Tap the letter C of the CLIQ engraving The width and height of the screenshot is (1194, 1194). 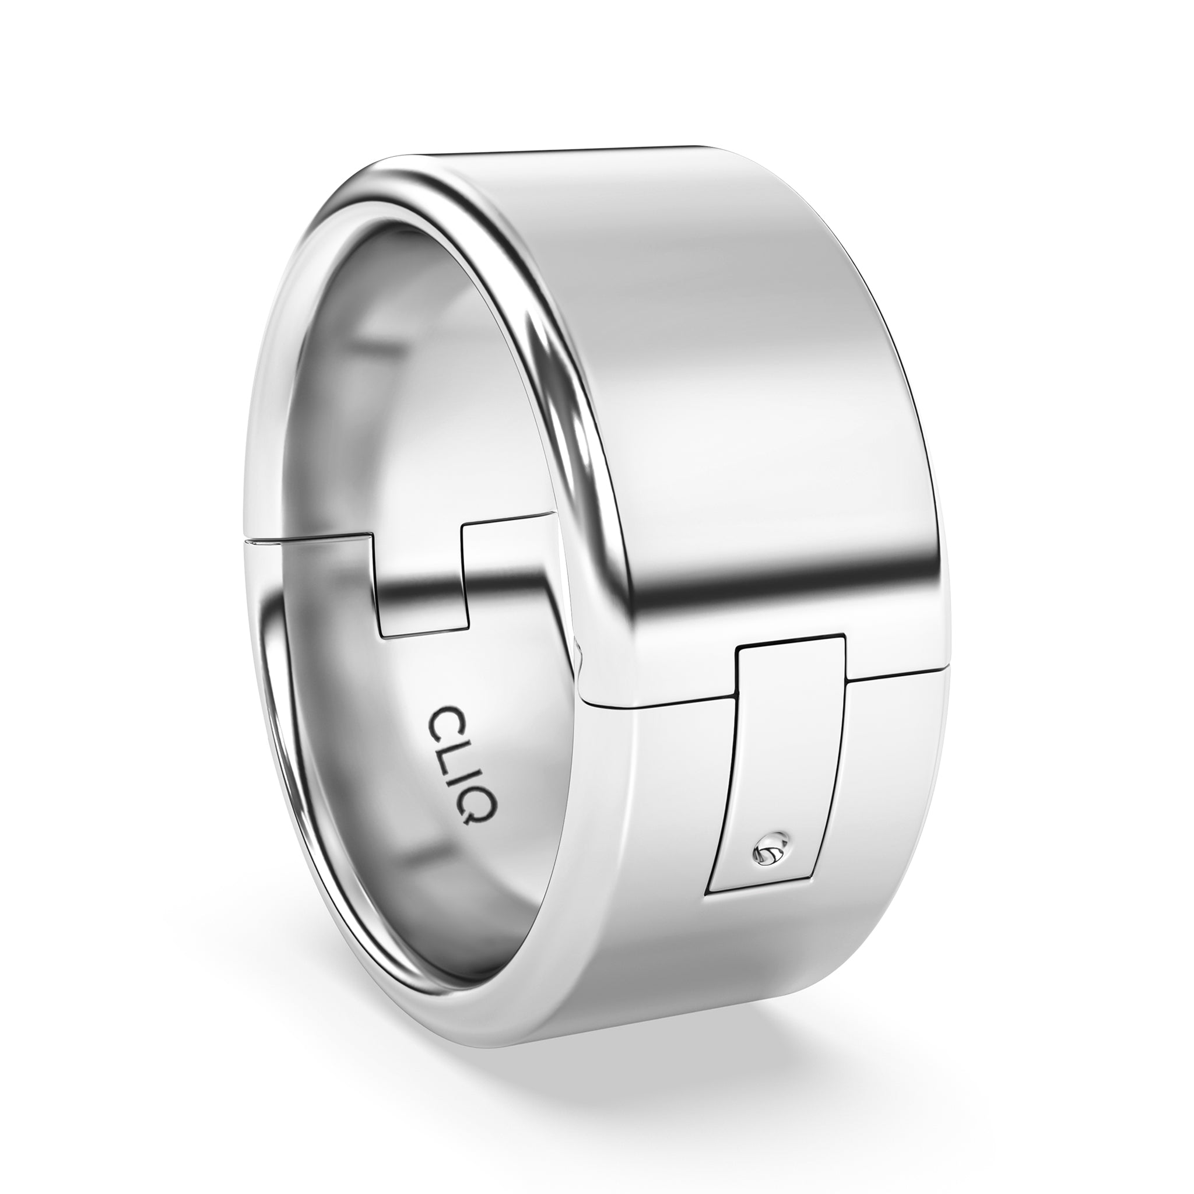click(440, 721)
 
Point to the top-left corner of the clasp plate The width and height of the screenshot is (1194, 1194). click(739, 648)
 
